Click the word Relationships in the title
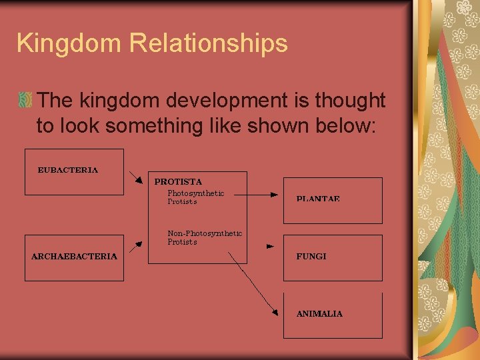208,43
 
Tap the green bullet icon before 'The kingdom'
25,101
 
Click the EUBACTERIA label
67,170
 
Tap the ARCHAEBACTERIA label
74,256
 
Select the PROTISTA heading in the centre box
178,181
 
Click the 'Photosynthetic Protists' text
195,197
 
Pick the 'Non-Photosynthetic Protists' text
204,237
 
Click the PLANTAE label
318,199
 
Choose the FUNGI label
311,256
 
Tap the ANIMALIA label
319,313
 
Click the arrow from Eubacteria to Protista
136,177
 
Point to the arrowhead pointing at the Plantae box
273,195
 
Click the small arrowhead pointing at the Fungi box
270,246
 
